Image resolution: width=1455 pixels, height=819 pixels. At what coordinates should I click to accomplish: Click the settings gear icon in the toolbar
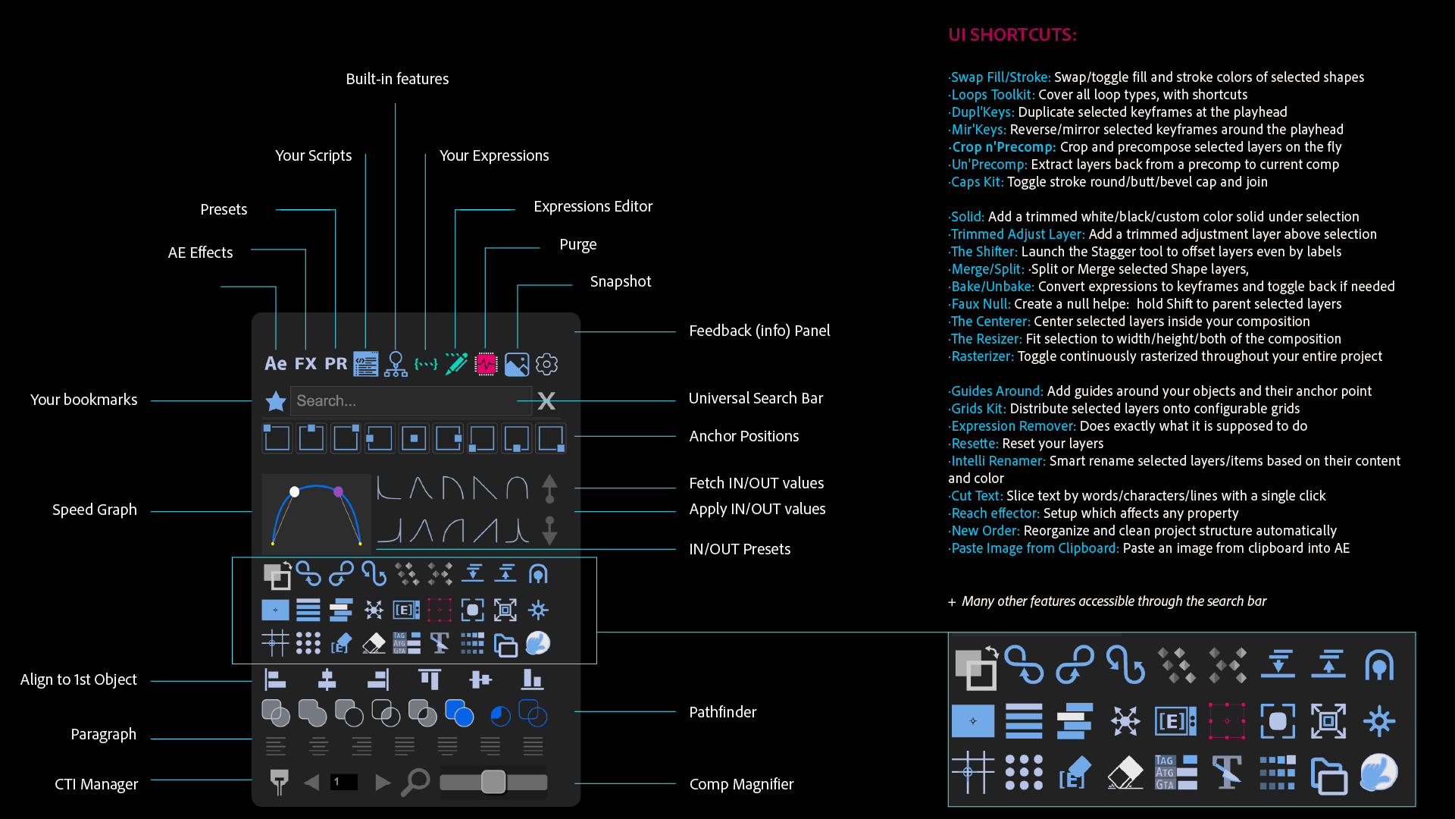pos(546,365)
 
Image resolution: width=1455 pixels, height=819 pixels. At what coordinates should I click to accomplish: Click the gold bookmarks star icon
pos(275,401)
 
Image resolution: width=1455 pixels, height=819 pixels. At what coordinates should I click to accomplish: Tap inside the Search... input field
pos(409,400)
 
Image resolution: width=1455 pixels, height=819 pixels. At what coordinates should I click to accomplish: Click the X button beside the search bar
pos(546,401)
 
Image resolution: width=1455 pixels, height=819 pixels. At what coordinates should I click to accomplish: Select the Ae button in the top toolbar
pos(275,364)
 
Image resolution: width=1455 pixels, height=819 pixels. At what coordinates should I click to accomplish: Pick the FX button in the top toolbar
pos(305,364)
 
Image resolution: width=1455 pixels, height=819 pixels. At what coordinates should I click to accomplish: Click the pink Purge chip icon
pos(486,365)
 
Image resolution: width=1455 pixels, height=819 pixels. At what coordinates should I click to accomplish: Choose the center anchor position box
pos(414,438)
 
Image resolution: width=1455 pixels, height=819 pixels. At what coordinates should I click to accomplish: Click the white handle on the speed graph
pos(295,492)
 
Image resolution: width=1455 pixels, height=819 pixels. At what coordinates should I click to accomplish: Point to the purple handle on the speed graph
pos(338,492)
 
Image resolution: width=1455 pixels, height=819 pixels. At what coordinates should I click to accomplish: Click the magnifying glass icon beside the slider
pos(415,782)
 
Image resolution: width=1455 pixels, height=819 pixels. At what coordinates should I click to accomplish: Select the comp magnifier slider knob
pos(493,782)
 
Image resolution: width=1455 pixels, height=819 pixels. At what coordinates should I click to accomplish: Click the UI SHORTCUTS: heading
pos(1012,35)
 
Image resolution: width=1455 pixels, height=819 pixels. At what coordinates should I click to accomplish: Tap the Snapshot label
pos(620,281)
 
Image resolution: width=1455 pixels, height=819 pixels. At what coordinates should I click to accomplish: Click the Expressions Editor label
pos(593,206)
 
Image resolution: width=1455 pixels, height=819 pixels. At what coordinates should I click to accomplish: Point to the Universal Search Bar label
pos(756,398)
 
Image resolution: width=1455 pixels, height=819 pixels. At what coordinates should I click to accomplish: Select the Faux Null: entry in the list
pos(981,304)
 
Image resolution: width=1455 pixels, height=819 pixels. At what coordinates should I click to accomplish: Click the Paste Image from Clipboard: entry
pos(1034,548)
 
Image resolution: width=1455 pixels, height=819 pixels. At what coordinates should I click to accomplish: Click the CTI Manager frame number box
pos(343,782)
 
